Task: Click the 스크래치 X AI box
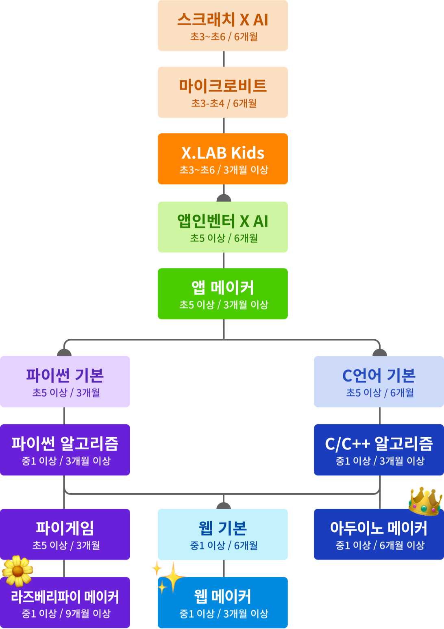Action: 223,26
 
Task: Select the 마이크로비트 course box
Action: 223,92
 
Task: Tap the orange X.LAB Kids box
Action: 223,159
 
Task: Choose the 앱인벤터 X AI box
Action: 223,227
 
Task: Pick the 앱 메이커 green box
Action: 223,294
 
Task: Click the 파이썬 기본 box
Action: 65,382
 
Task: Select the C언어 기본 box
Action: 379,382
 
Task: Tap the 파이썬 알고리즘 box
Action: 65,450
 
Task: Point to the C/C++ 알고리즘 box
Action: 379,450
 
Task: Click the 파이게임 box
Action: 65,534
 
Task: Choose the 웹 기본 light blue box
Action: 223,534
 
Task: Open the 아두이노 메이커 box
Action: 379,534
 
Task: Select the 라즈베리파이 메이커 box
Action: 65,603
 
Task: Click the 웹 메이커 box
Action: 223,603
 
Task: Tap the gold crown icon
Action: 425,501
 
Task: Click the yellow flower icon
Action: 17,570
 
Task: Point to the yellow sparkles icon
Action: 169,576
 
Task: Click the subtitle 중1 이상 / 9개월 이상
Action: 66,614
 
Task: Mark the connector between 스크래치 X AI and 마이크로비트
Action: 224,59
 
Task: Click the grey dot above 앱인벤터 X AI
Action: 224,198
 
